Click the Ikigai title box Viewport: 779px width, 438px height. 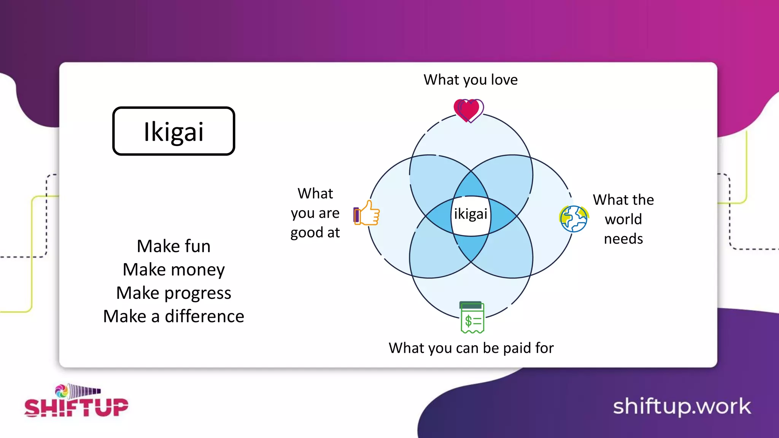tap(173, 131)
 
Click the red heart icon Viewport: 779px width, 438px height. tap(468, 110)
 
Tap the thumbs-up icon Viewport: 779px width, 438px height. tap(367, 213)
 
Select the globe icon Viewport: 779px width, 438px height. tap(574, 219)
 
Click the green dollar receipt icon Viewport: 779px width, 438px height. tap(472, 317)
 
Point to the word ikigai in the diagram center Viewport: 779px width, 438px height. tap(471, 214)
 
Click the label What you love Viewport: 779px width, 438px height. tap(471, 80)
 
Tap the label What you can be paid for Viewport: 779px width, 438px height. tap(471, 348)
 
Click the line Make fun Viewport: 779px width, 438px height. tap(173, 246)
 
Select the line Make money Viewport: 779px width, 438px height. tap(173, 270)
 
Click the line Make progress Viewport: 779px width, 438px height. tap(173, 293)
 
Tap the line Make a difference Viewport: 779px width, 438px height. tap(173, 316)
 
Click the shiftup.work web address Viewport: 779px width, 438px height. tap(682, 406)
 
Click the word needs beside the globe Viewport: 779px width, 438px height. tap(623, 239)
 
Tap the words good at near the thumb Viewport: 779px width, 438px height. tap(315, 233)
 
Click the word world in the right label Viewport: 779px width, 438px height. tap(623, 219)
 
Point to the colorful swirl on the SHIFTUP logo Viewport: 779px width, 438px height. tap(61, 391)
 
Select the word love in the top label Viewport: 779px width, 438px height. tap(504, 80)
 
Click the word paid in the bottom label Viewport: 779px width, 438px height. tap(517, 348)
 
